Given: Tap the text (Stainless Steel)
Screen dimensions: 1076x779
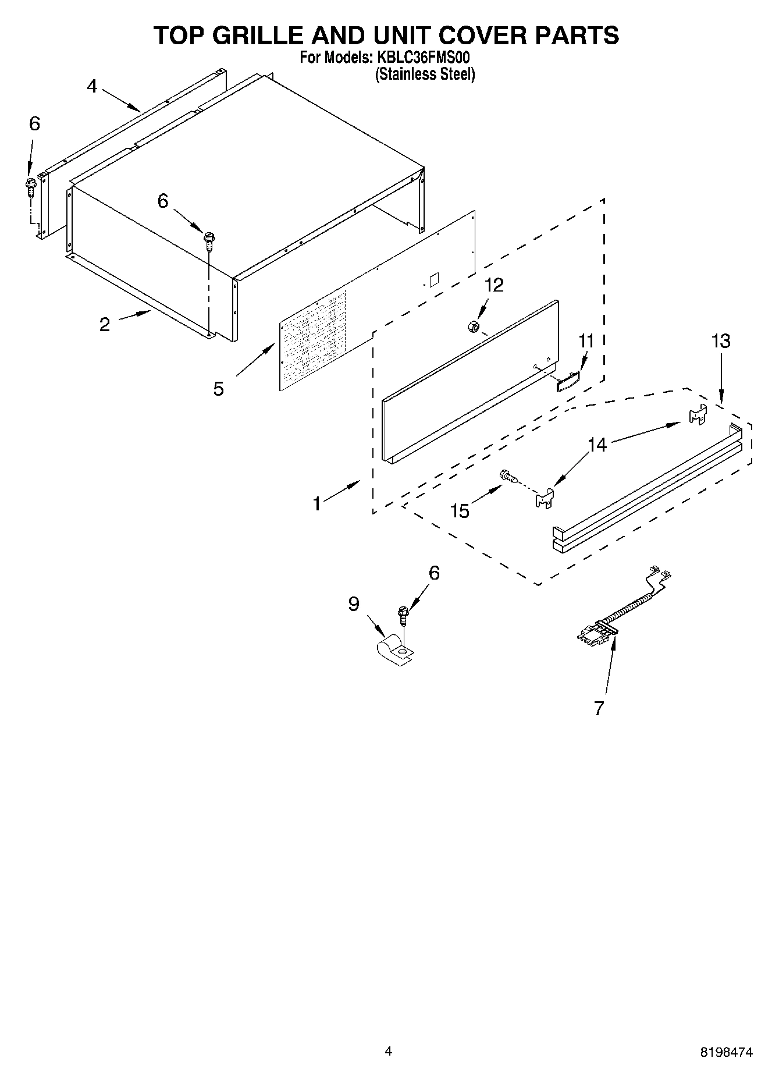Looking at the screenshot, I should point(425,74).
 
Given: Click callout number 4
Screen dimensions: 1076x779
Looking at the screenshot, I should point(92,87).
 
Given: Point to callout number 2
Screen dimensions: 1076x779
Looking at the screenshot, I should point(105,325).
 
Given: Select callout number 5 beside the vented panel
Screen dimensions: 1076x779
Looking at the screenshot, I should point(218,389).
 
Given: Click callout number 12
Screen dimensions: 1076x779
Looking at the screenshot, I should point(494,285).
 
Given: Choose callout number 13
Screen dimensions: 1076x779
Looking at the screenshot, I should point(721,341).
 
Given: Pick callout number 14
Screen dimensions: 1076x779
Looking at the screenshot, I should point(597,445).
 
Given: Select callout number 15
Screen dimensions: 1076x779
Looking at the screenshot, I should point(460,511).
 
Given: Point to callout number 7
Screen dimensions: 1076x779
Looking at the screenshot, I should point(599,708).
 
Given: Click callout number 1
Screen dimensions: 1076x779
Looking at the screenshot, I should point(317,503).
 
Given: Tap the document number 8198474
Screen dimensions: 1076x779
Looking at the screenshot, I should point(727,1052).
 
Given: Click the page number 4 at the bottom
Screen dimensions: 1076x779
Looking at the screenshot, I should point(389,1051).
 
